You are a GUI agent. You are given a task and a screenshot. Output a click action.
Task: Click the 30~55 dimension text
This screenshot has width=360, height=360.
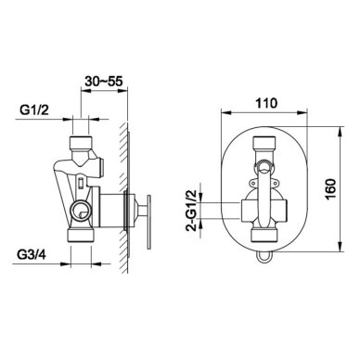point(104,82)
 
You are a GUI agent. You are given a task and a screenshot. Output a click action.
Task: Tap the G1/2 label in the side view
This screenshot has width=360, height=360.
point(34,109)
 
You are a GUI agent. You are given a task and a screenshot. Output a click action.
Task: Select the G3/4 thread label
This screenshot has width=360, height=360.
point(32,255)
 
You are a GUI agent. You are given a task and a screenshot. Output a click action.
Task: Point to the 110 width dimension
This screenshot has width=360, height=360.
point(266,103)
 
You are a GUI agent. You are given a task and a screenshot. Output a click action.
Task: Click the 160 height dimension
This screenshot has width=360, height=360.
point(330,189)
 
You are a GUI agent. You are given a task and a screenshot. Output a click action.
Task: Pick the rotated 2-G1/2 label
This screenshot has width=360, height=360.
point(192,211)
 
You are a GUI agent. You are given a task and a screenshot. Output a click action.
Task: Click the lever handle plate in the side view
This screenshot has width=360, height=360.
point(148,222)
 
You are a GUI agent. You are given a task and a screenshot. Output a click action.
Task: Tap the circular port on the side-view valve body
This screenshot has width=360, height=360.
point(81,211)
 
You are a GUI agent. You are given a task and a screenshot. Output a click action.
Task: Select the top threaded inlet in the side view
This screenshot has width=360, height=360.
point(80,142)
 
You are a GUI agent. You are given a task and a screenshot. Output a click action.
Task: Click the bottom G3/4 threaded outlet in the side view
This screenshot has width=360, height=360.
point(81,235)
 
